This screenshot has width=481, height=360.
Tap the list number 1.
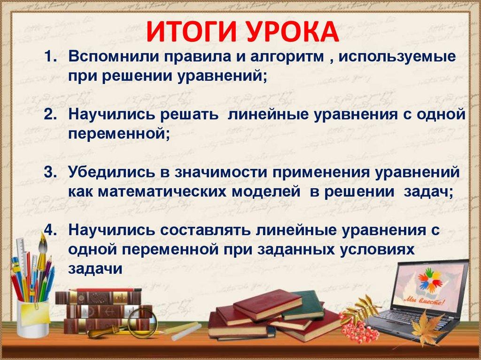pos(50,57)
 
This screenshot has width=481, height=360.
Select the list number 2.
pos(50,115)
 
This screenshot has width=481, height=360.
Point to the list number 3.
pos(50,172)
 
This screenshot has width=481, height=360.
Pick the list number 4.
pos(50,230)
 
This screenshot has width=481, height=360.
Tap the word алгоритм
pos(287,58)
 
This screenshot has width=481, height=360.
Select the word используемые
pos(397,58)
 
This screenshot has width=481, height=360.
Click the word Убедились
pos(112,173)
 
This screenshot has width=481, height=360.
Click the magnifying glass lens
pos(141,319)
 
